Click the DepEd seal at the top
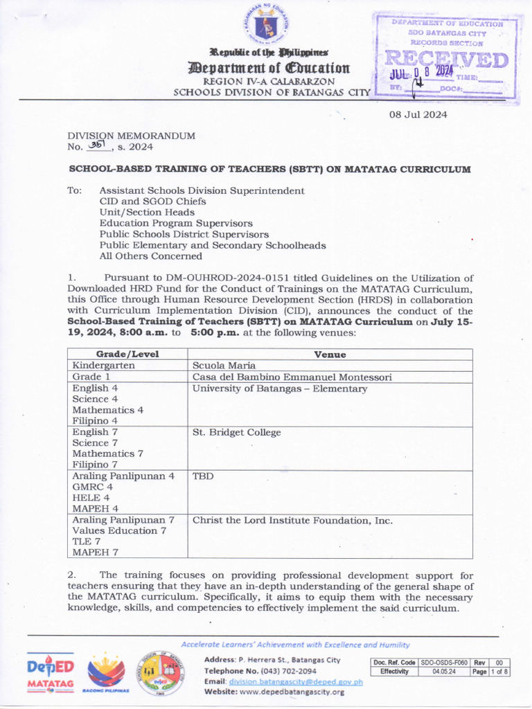[267, 27]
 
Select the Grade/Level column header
[127, 354]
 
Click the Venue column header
[330, 354]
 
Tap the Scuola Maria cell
[224, 366]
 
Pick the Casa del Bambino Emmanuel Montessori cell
[292, 377]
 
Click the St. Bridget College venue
[237, 433]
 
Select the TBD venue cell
[203, 476]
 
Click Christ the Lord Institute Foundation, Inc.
[292, 520]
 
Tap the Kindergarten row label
[104, 366]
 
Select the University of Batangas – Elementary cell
[280, 389]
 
